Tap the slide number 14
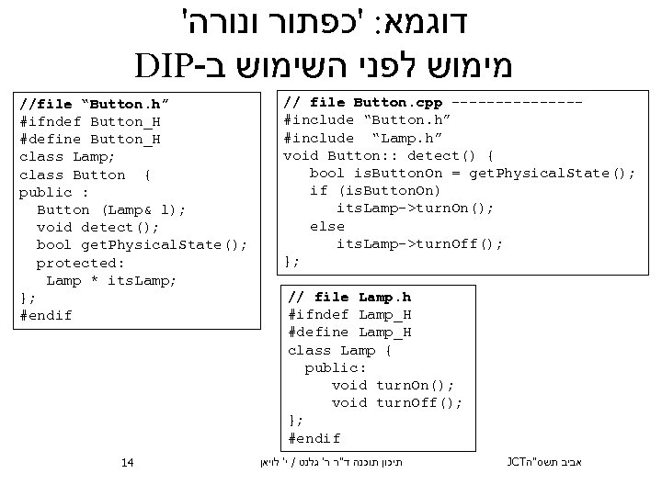128,461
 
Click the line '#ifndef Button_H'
90,121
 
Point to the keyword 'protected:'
81,263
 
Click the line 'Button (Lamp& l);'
111,209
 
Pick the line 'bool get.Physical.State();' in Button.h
143,244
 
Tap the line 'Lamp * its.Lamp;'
111,280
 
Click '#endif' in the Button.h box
45,315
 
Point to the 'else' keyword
327,226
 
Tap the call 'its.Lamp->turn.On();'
415,209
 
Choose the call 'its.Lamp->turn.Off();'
419,243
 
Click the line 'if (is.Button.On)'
375,190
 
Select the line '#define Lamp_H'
349,333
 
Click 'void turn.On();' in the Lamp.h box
393,386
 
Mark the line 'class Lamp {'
340,350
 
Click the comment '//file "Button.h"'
85,104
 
